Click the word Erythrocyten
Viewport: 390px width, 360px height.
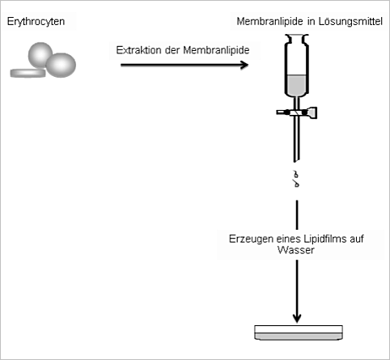click(x=36, y=22)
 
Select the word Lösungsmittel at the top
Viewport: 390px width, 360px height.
click(x=350, y=21)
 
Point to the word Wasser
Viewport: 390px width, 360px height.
click(x=296, y=250)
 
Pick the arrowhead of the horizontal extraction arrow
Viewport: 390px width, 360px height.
click(x=244, y=65)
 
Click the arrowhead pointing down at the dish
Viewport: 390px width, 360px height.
click(x=297, y=318)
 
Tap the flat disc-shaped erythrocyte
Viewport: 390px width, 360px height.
click(x=28, y=73)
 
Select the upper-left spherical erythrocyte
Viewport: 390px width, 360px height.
click(x=40, y=55)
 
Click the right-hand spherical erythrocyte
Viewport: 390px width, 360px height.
click(x=61, y=66)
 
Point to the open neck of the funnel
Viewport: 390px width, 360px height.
click(x=297, y=37)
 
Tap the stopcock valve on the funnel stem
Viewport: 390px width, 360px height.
click(x=297, y=112)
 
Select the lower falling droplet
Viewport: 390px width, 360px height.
click(x=296, y=184)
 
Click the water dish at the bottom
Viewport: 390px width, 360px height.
click(x=299, y=332)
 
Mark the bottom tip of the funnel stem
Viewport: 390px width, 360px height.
click(x=295, y=162)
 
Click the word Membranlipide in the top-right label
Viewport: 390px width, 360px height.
click(x=269, y=21)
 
